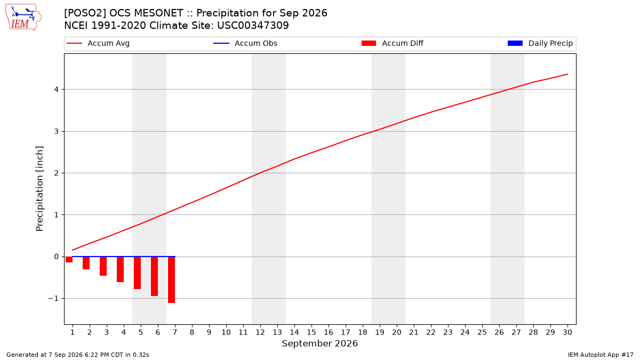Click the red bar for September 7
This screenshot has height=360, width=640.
coord(171,279)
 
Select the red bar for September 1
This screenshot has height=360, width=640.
coord(69,259)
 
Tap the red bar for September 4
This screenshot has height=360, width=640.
coord(121,269)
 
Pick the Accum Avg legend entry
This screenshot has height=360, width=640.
coord(98,43)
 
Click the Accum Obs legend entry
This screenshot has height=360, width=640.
coord(245,43)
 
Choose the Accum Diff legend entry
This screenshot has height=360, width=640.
coord(393,43)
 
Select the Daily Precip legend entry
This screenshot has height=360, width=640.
coord(540,43)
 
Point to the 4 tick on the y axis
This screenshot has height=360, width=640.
coord(57,90)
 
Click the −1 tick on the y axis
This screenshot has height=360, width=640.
coord(53,299)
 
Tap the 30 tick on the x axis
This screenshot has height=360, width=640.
coord(567,332)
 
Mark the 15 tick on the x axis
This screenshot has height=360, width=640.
coord(311,332)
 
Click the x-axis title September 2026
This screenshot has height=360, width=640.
coord(319,343)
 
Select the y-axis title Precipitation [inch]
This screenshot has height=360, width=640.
coord(39,189)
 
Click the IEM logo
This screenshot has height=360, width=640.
coord(23,18)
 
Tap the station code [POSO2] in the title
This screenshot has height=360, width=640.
coord(85,13)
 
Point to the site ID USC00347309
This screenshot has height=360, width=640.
coord(253,26)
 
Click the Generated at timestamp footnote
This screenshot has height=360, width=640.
coord(78,355)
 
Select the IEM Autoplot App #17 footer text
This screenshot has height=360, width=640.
coord(601,355)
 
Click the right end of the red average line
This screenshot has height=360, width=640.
coord(567,74)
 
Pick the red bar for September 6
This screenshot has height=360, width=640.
coord(154,276)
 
